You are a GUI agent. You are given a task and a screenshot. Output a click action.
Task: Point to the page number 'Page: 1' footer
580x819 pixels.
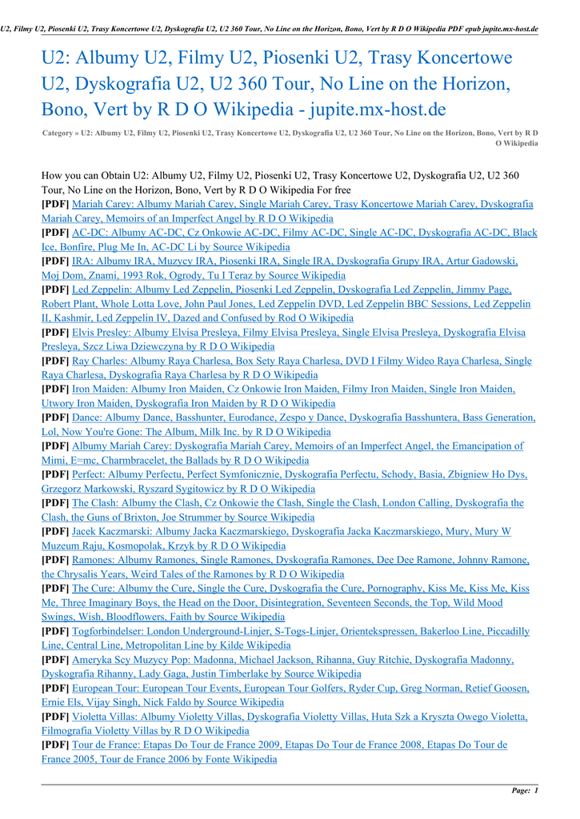(525, 791)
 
